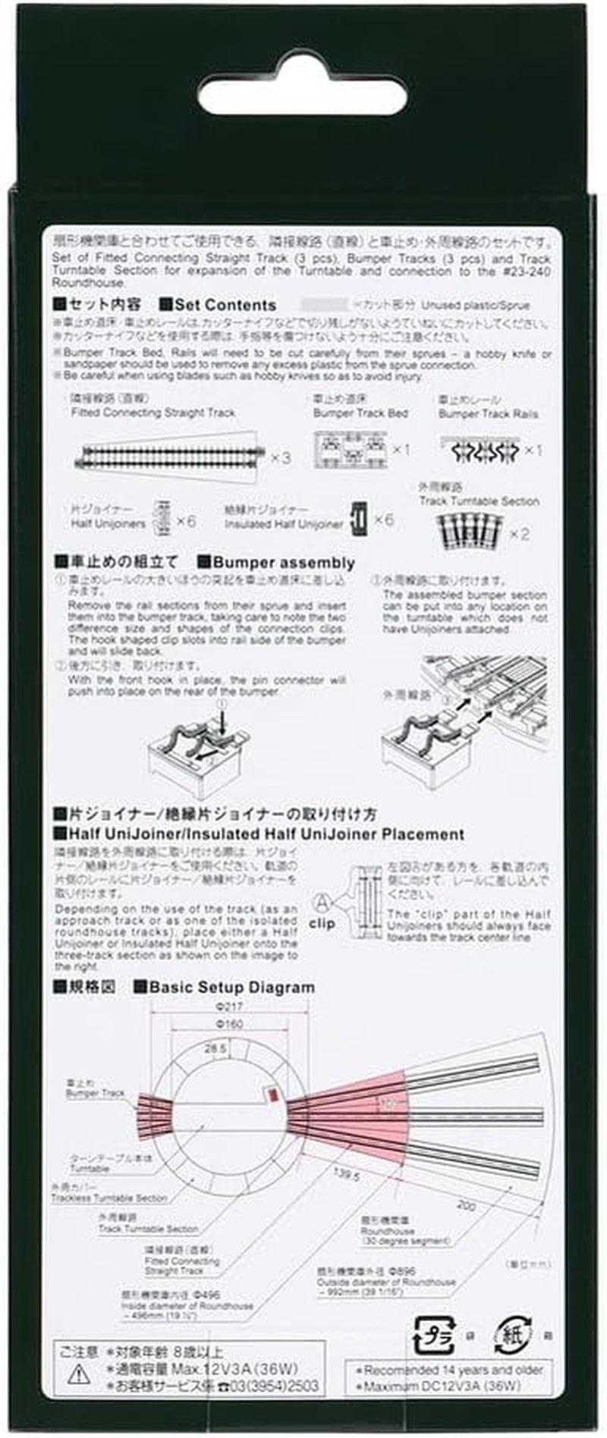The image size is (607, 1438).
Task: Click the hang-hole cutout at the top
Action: [302, 97]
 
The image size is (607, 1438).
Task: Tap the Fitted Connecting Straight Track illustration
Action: [170, 456]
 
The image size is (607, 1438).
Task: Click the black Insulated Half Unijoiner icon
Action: [359, 518]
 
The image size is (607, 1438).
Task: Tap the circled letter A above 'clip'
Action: [322, 903]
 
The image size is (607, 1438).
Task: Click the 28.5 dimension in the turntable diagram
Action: [215, 1049]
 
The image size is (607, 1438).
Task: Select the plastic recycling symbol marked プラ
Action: [434, 1336]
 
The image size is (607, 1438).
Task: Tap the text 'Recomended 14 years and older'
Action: [453, 1370]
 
